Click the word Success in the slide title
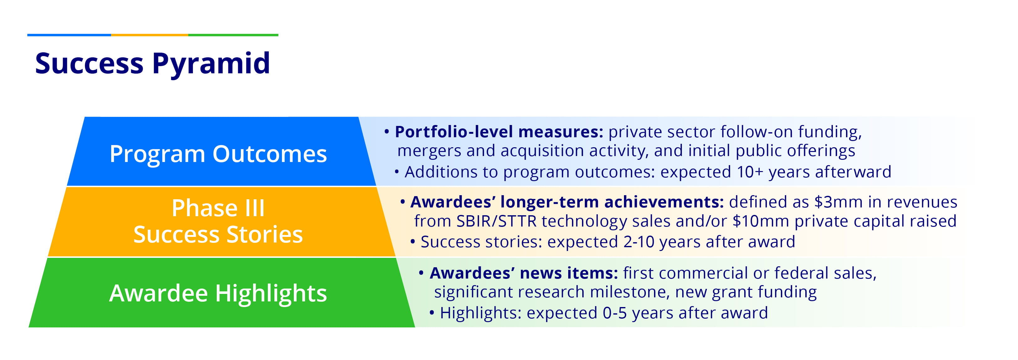[89, 63]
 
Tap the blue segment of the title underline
[69, 35]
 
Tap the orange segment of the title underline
[149, 35]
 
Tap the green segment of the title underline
[233, 35]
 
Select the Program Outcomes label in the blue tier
[218, 154]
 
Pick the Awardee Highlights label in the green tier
[218, 294]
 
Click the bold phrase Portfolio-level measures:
[499, 132]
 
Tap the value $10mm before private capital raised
[761, 221]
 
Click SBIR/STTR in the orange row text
[496, 221]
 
